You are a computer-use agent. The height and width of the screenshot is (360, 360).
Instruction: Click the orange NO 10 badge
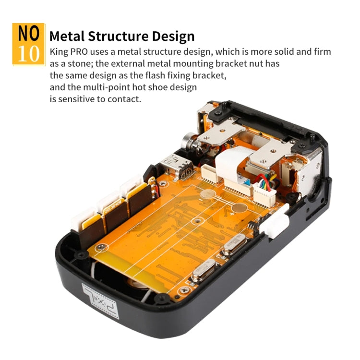coord(28,44)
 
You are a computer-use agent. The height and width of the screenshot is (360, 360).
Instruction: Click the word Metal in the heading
coord(69,36)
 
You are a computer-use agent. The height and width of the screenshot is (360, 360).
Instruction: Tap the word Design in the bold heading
coord(171,36)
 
